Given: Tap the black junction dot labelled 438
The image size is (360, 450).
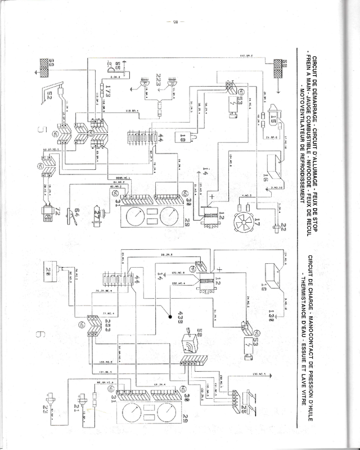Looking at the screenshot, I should (x=169, y=318).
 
